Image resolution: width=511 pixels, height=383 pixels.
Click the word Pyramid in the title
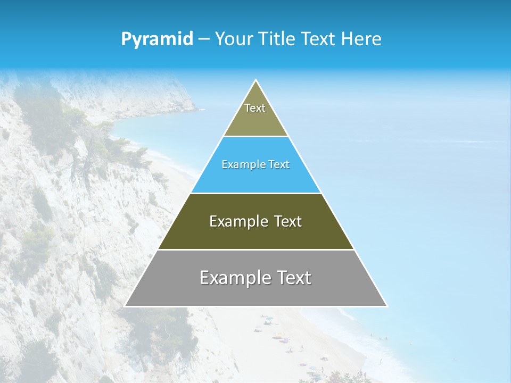pyautogui.click(x=157, y=39)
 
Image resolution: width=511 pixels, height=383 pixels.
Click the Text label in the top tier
pyautogui.click(x=255, y=108)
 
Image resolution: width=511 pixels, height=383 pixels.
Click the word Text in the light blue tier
pyautogui.click(x=279, y=165)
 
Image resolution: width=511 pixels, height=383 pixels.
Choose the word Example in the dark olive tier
pyautogui.click(x=233, y=221)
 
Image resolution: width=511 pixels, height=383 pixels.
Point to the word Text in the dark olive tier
pyautogui.click(x=289, y=221)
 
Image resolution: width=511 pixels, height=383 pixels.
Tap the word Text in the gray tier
pyautogui.click(x=294, y=278)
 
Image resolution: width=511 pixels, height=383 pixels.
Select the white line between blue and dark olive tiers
pyautogui.click(x=256, y=193)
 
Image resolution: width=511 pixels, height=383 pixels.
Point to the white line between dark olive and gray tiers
pyautogui.click(x=256, y=249)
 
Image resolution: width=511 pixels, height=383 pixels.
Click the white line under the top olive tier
pyautogui.click(x=256, y=137)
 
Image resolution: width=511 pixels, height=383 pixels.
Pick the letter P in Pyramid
pyautogui.click(x=126, y=39)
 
